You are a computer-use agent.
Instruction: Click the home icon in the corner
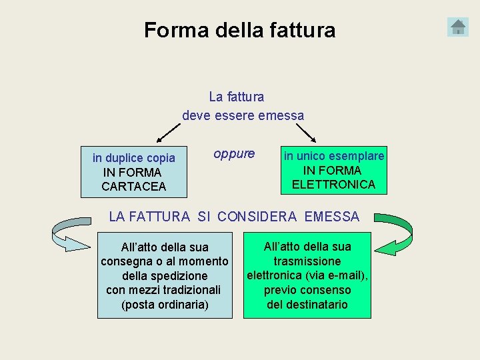[x=458, y=27]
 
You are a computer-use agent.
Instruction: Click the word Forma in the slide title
[x=169, y=30]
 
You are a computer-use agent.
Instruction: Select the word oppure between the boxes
[x=234, y=154]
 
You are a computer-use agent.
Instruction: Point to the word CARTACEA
[x=134, y=187]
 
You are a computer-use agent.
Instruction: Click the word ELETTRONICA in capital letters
[x=333, y=185]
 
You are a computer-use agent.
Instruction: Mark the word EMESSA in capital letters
[x=331, y=217]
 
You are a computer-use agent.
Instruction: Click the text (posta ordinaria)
[x=165, y=305]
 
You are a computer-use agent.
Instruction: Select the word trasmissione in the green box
[x=307, y=261]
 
